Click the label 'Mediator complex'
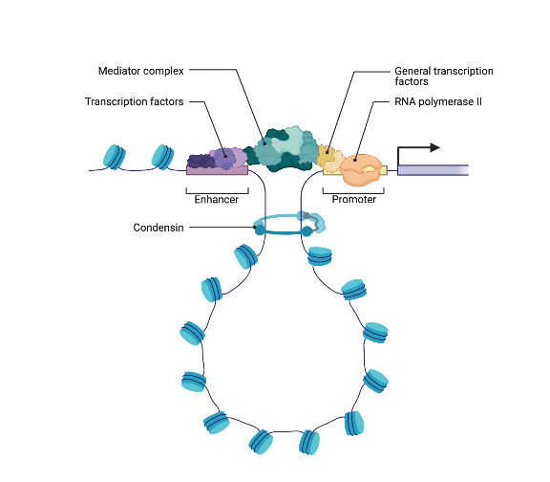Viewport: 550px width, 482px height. pyautogui.click(x=141, y=71)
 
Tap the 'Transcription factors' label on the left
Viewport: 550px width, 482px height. pyautogui.click(x=134, y=101)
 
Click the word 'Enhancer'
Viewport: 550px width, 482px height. pyautogui.click(x=216, y=200)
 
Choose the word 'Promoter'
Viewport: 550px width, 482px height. pyautogui.click(x=353, y=200)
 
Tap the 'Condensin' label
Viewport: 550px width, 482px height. pyautogui.click(x=159, y=228)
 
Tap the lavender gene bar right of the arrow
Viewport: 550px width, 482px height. pyautogui.click(x=432, y=170)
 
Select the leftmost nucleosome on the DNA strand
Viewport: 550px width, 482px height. pyautogui.click(x=114, y=156)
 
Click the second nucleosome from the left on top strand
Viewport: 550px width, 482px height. pyautogui.click(x=162, y=155)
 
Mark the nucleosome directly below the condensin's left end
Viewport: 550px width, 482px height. pyautogui.click(x=246, y=255)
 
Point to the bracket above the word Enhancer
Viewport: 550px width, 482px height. pyautogui.click(x=216, y=189)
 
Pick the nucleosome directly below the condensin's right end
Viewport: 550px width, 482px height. pyautogui.click(x=318, y=256)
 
